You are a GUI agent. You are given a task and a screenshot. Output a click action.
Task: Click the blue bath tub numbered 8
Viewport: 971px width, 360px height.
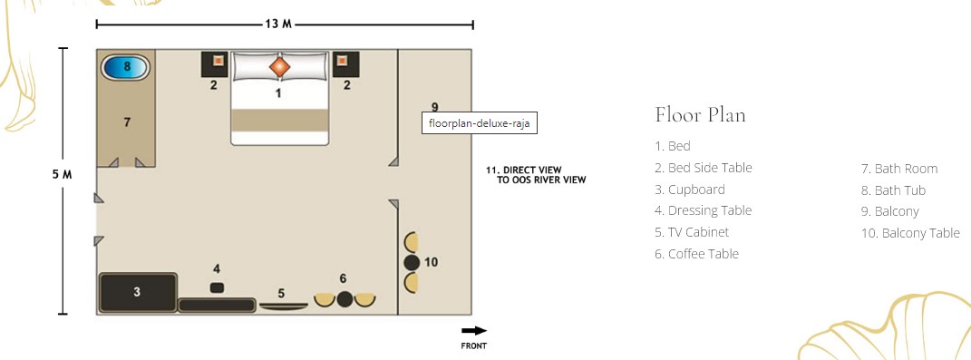coord(126,67)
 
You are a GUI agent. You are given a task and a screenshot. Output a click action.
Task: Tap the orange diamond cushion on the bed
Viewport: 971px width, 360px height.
coord(279,66)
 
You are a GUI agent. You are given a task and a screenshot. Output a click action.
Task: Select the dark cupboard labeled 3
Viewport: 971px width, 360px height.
coord(138,293)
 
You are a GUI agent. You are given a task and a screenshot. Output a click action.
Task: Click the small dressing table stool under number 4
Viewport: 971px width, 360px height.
coord(217,287)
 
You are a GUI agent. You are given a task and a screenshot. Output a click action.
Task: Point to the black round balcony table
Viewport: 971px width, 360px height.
coord(412,263)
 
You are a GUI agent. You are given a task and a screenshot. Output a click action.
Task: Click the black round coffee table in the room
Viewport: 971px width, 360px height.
coord(345,300)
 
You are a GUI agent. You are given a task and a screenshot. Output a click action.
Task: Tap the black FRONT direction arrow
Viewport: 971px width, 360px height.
coord(474,331)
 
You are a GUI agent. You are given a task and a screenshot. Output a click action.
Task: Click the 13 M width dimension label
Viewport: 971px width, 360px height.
coord(278,24)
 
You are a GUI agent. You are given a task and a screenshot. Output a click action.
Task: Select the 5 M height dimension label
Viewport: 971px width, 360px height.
coord(62,174)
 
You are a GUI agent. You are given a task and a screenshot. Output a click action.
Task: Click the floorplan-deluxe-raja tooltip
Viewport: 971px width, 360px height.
coord(480,123)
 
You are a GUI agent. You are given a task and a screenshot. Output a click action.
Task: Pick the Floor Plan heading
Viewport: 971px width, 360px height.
coord(700,114)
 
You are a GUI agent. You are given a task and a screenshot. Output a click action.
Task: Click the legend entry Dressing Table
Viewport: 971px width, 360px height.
coord(703,210)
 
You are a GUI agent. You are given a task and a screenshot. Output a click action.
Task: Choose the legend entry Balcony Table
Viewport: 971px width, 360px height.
coord(910,233)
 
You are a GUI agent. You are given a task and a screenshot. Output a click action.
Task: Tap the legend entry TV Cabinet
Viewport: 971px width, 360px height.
coord(692,232)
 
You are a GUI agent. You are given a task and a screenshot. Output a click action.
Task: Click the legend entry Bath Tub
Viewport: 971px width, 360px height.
coord(894,190)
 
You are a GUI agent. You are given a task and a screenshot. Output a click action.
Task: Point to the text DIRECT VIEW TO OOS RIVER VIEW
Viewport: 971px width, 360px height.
coord(536,175)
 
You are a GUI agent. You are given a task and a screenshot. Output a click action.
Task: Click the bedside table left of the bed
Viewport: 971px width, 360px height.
coord(215,63)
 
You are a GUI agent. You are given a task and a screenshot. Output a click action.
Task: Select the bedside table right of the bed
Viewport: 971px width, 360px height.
coord(345,63)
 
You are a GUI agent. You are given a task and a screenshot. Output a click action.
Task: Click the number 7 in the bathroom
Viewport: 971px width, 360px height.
coord(127,122)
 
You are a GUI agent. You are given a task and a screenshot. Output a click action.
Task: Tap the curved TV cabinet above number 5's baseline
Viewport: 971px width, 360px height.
coord(283,306)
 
